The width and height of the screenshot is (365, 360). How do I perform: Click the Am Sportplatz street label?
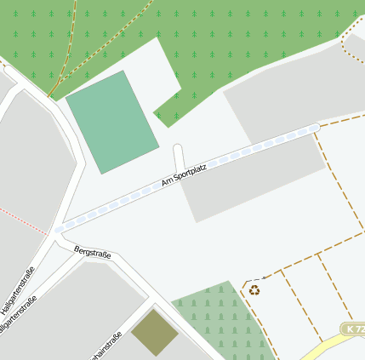184,173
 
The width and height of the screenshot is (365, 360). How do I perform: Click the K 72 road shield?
355,329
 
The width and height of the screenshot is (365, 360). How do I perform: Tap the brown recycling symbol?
254,290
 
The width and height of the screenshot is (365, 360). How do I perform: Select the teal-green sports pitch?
112,122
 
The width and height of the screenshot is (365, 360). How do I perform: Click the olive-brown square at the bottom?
154,332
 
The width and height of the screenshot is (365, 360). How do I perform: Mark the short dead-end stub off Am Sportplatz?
179,157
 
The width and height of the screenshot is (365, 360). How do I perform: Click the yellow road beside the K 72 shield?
328,345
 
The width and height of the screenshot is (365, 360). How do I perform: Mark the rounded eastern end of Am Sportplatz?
314,128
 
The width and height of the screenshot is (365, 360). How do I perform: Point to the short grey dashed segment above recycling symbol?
253,280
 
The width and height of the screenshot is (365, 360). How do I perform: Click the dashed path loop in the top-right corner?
352,47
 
